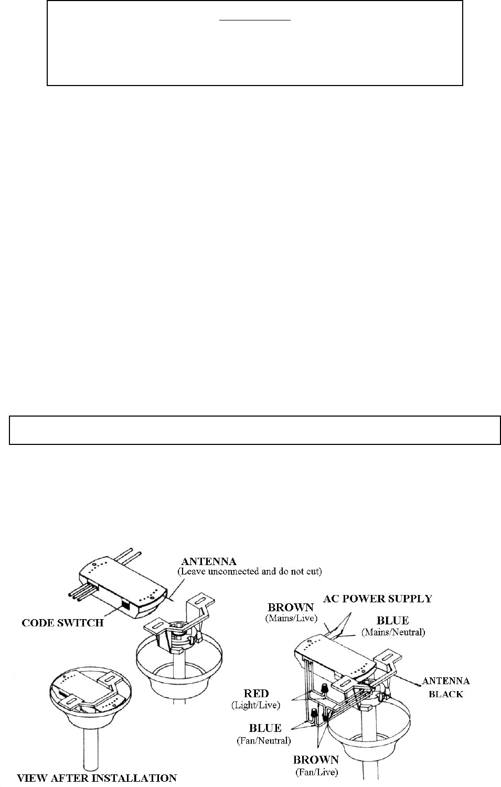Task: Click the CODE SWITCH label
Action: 62,623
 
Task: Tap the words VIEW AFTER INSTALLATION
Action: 98,778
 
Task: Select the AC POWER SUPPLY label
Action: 378,598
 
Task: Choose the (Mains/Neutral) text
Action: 393,633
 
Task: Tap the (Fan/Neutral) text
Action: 264,740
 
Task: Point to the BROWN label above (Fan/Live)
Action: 316,760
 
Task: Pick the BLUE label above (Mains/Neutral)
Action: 393,621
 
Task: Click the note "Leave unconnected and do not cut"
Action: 249,571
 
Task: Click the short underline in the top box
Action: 254,20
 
